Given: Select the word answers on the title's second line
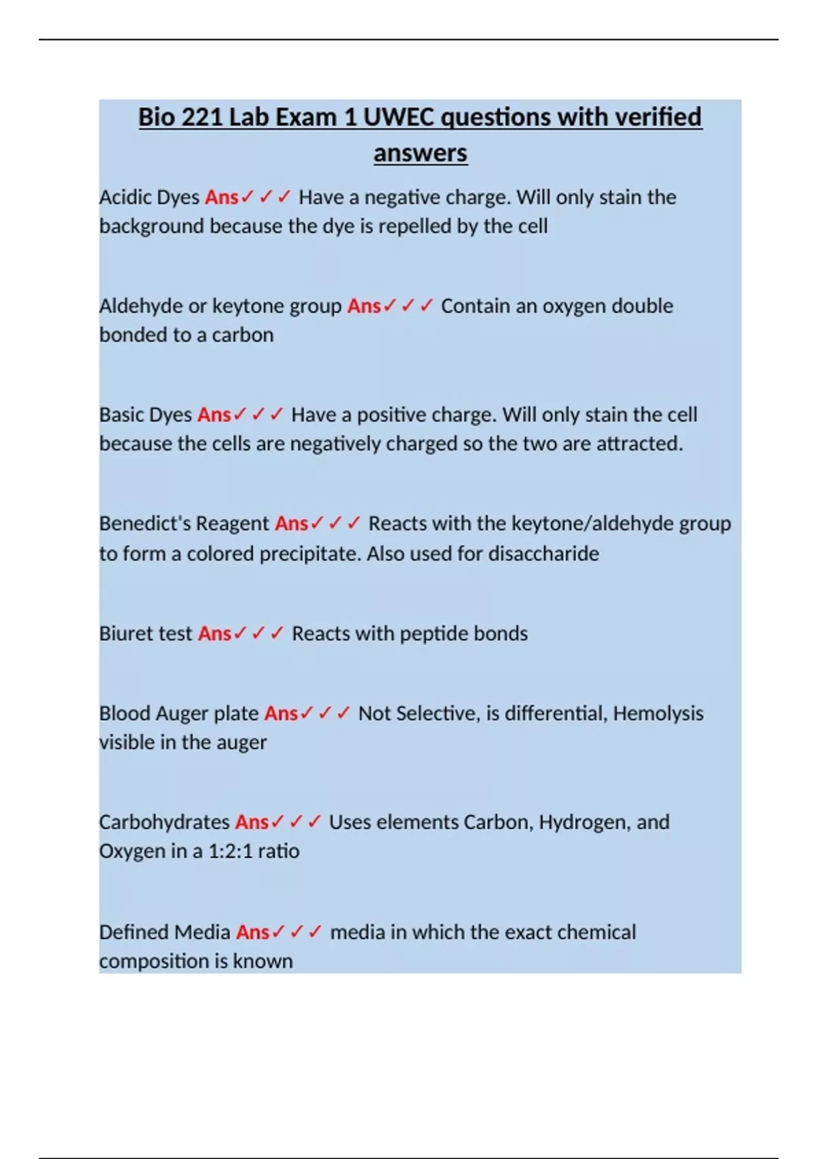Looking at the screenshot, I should (x=420, y=153).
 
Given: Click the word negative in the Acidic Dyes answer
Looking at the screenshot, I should (x=402, y=198).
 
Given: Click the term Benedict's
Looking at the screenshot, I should (x=137, y=524).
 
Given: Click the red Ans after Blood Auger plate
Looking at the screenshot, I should (x=281, y=714).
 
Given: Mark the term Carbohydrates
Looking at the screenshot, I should (x=164, y=822).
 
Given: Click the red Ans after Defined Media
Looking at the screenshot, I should (x=253, y=932).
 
